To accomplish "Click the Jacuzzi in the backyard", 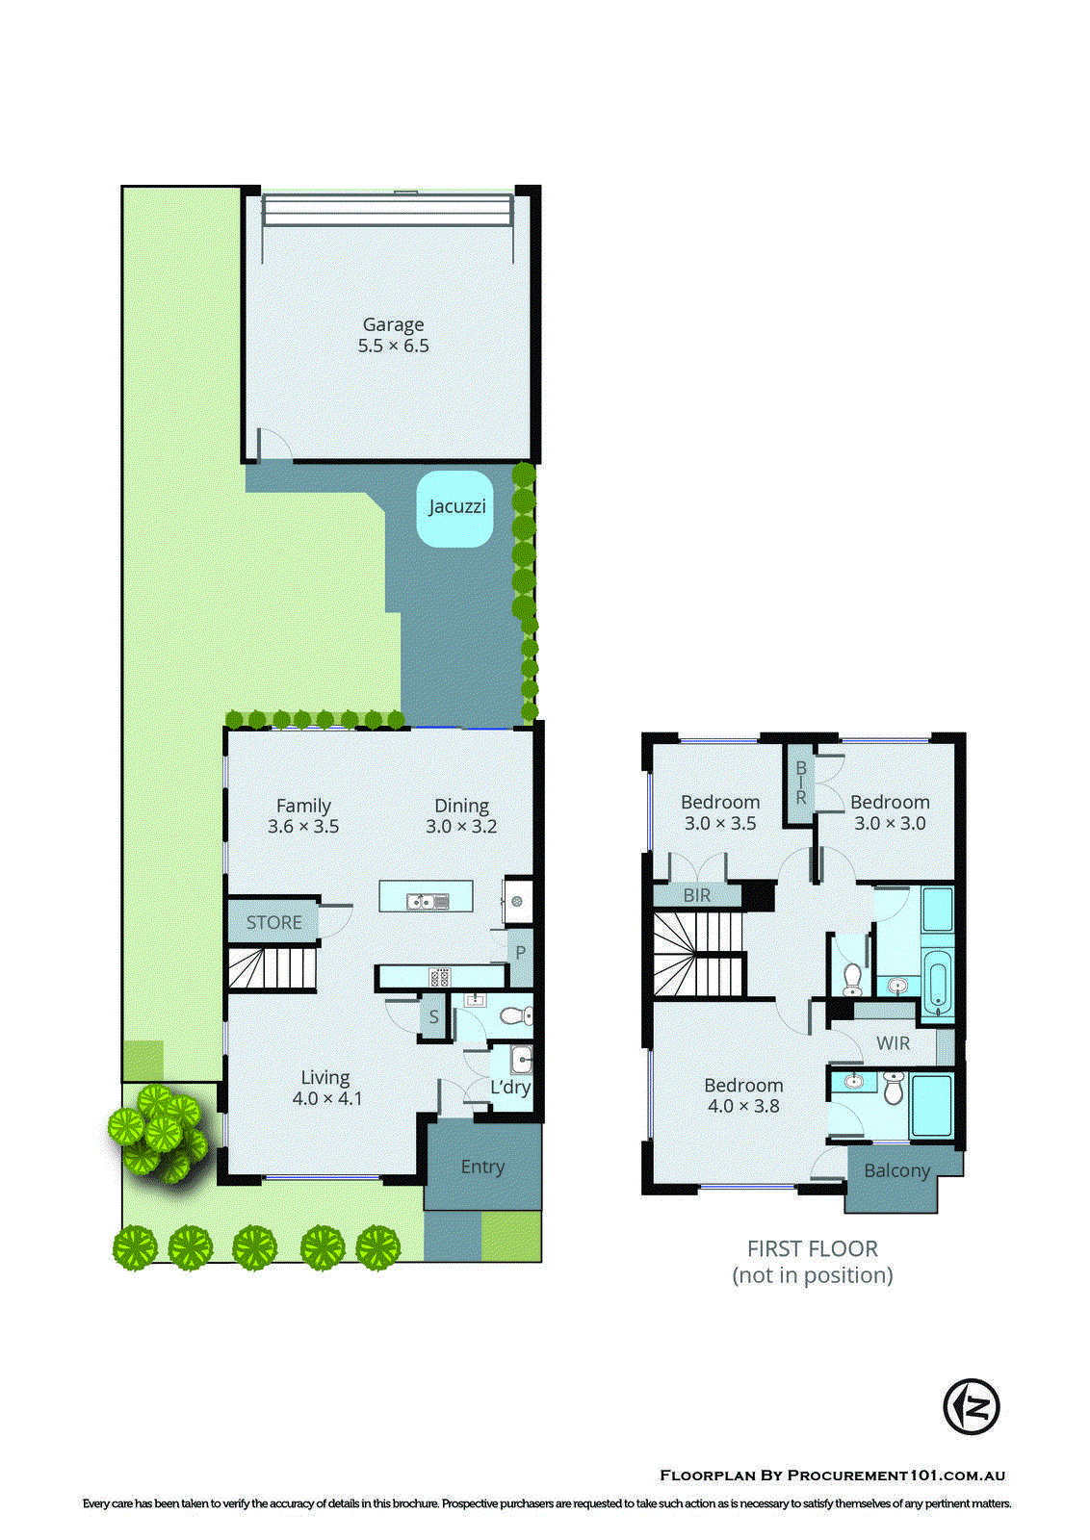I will pos(455,507).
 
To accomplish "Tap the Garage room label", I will pos(393,325).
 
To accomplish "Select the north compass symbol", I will pos(971,1406).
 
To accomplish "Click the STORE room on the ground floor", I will pos(273,922).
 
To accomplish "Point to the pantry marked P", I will pos(520,953).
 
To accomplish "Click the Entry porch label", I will pos(482,1167).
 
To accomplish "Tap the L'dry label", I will pos(510,1088).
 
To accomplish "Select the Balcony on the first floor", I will pos(896,1170).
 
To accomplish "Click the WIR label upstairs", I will pos(893,1043).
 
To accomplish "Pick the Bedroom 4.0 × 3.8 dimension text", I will pos(743,1107).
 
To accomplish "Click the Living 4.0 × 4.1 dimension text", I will pos(327,1098).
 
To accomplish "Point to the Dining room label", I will pos(461,806).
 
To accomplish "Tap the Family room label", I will pos(303,806).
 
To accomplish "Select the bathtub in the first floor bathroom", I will pos(936,984).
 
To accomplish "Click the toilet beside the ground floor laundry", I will pos(516,1015).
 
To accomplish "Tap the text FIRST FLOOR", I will pos(812,1249).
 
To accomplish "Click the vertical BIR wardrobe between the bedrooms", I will pos(800,783).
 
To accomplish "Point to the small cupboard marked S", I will pos(434,1016).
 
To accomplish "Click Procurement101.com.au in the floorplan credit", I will pos(895,1476).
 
